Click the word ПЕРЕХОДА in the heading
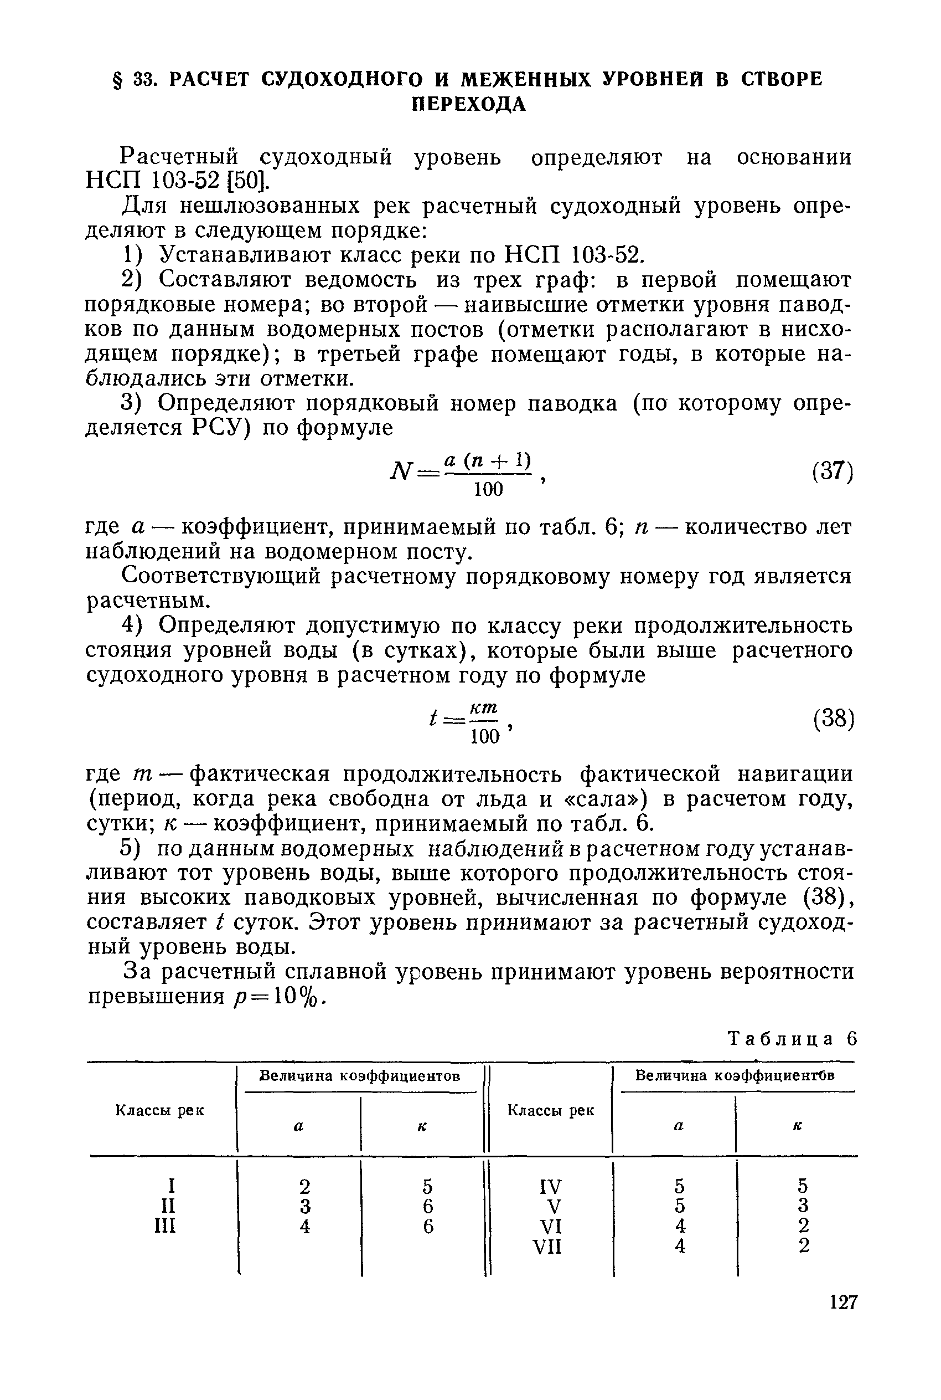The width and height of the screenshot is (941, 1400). pyautogui.click(x=469, y=105)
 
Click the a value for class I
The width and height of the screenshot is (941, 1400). pyautogui.click(x=305, y=1187)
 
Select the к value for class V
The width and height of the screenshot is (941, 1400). pyautogui.click(x=804, y=1206)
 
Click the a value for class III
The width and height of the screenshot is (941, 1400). pyautogui.click(x=305, y=1225)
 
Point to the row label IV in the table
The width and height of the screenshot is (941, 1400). pyautogui.click(x=550, y=1187)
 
